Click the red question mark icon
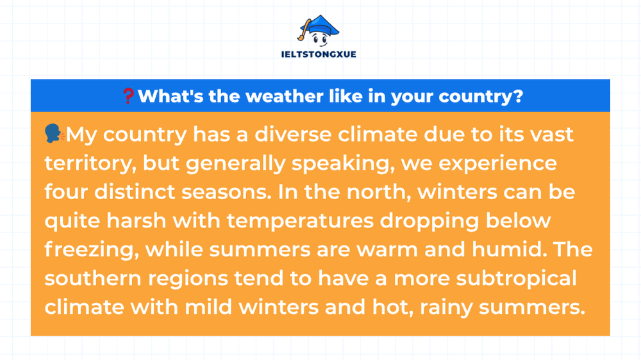[x=128, y=96]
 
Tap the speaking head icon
[x=54, y=134]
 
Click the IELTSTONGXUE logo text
[x=319, y=54]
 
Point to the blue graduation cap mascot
[x=319, y=31]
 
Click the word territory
[x=90, y=164]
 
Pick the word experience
[x=497, y=164]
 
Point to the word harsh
[x=136, y=220]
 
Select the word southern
[x=92, y=278]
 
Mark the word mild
[x=208, y=307]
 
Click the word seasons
[x=226, y=192]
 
